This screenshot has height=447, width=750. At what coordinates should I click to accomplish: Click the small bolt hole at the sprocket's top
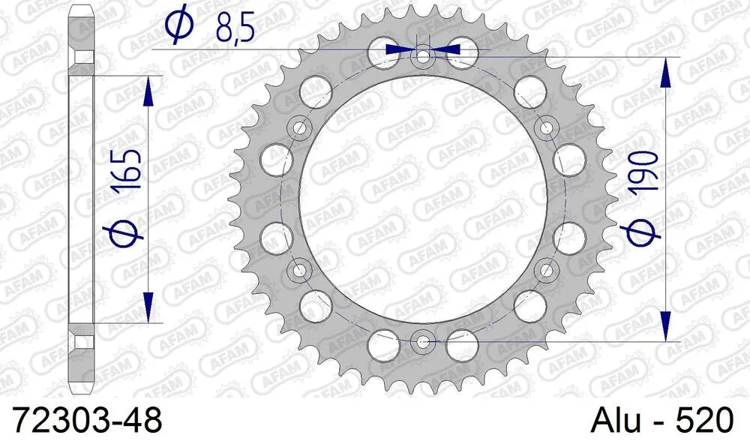pos(423,55)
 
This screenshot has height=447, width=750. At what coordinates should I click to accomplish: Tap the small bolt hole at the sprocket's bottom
pos(423,342)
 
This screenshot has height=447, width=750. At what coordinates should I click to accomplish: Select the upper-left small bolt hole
pos(299,127)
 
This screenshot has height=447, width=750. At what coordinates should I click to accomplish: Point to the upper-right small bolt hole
pos(546,127)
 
